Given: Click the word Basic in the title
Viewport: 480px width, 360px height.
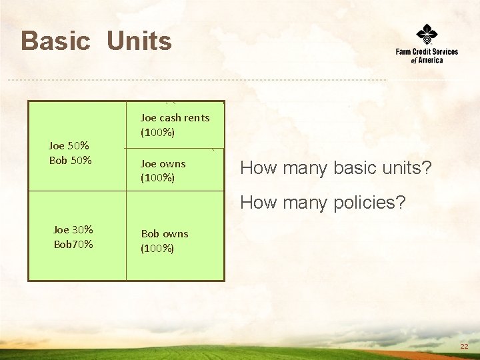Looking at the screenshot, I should coord(55,41).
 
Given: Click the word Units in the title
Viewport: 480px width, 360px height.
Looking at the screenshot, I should coord(139,41).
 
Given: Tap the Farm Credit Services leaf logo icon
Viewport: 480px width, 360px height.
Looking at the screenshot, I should coord(427,33).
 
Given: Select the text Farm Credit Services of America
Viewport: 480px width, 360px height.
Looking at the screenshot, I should coord(427,55).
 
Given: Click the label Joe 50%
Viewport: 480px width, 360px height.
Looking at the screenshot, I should coord(69,145).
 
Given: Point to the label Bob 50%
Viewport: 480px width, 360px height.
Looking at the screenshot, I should coord(70,160).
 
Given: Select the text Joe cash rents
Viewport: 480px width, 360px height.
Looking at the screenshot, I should coord(175,118).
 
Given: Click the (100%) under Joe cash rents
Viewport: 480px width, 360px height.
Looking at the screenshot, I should coord(157,133).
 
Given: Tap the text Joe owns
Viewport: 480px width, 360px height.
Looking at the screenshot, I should coord(163,163).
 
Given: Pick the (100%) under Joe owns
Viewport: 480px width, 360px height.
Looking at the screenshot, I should coord(157,178).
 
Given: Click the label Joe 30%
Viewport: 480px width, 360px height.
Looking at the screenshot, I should coord(73,229).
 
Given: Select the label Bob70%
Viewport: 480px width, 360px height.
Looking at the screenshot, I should coord(73,244).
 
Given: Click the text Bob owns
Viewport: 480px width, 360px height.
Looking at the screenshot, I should coord(164,234).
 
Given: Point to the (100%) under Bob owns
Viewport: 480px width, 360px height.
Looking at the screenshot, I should coord(157,249).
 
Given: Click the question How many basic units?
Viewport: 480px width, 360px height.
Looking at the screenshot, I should coord(336,169).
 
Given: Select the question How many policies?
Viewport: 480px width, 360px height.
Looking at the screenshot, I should coord(322,202).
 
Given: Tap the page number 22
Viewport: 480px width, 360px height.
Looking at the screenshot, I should coord(464,347).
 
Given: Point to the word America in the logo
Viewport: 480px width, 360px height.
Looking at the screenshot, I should coord(430,60).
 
